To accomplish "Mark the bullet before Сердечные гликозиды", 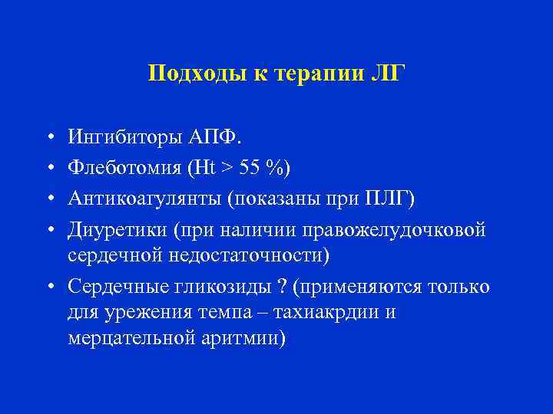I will (48, 287).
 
